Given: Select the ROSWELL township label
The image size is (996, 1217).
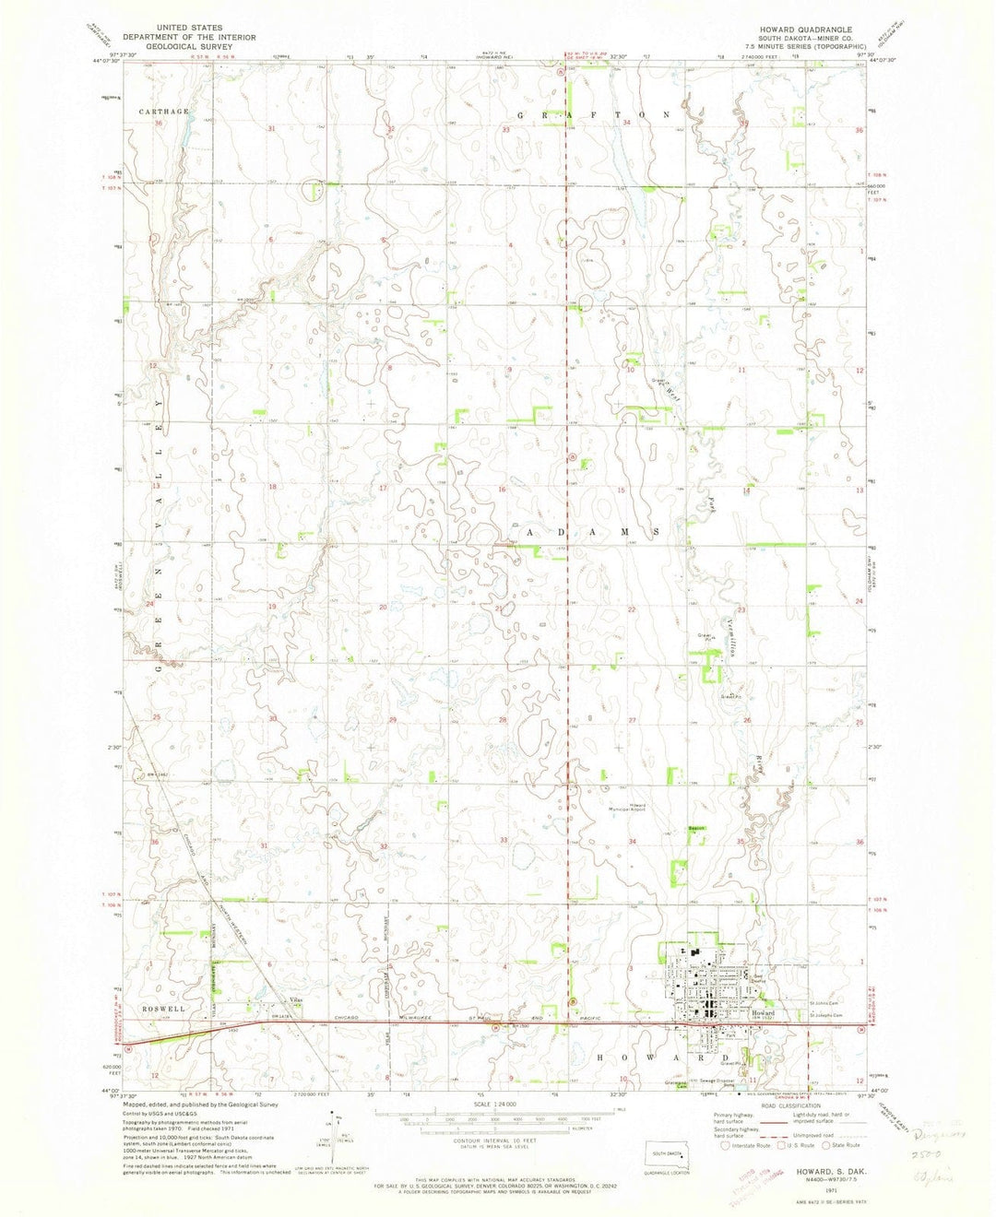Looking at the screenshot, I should coord(165,1010).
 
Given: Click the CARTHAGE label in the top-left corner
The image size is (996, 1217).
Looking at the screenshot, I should coord(164,111).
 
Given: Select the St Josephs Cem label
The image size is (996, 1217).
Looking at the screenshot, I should coord(826,1016).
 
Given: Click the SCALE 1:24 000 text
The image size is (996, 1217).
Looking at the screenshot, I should coord(495,1105).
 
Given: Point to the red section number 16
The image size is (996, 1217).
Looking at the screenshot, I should coord(503,490).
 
